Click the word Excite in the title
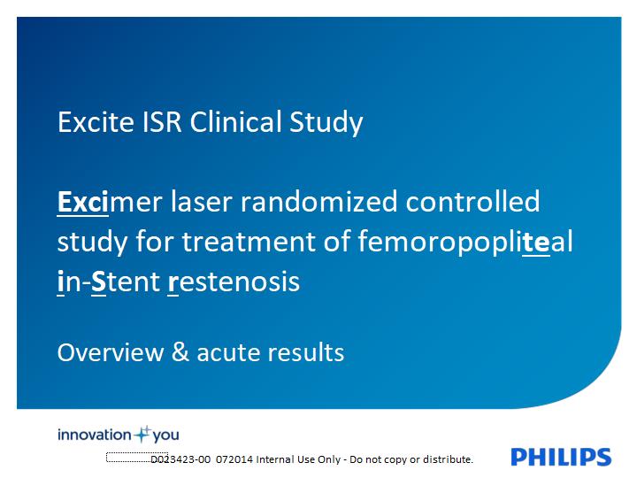tap(96, 121)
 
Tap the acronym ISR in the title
tap(162, 121)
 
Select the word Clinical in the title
tap(235, 121)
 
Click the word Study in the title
tap(326, 123)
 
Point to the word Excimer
tap(110, 202)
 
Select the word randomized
tap(318, 202)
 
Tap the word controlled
tap(472, 202)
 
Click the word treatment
tap(249, 242)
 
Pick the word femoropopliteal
tap(465, 241)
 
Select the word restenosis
tap(234, 281)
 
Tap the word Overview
tap(111, 352)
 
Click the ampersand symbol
tap(180, 352)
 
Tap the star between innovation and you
tap(142, 434)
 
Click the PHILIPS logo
tap(561, 457)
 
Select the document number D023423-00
tap(180, 459)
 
